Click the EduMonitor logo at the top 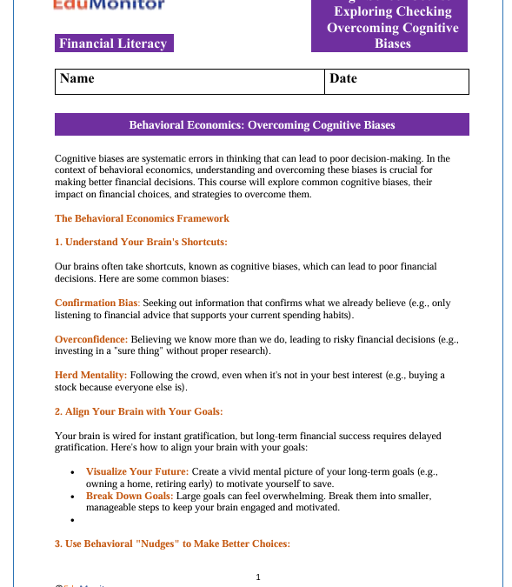[x=109, y=4]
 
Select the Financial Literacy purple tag [x=113, y=43]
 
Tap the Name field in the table [x=189, y=81]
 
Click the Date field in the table [x=396, y=81]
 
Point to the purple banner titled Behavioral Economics [x=262, y=125]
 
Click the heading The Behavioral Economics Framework [x=142, y=218]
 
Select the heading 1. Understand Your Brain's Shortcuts [x=141, y=241]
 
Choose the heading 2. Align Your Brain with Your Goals [x=138, y=411]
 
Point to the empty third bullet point [x=72, y=520]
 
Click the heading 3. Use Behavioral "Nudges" [x=172, y=544]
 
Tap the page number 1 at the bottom [x=258, y=577]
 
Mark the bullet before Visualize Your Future [x=72, y=471]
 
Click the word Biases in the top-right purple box [x=393, y=43]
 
